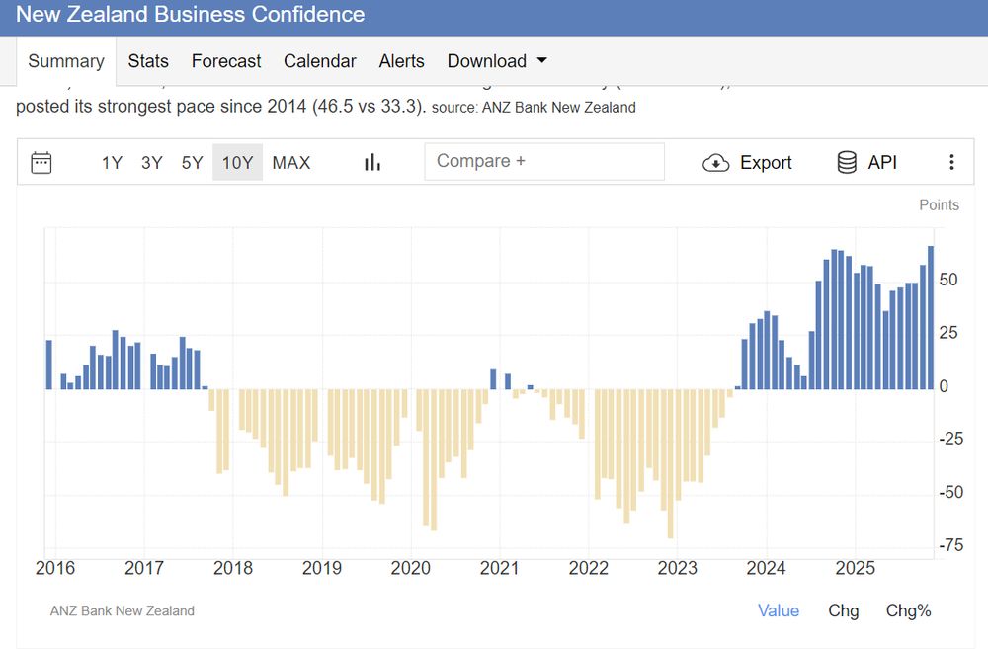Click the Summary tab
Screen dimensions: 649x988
pyautogui.click(x=65, y=61)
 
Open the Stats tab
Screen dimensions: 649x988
pyautogui.click(x=148, y=61)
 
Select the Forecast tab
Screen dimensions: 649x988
pyautogui.click(x=226, y=61)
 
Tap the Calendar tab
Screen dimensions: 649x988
pyautogui.click(x=319, y=61)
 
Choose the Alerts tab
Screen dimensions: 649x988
pyautogui.click(x=401, y=61)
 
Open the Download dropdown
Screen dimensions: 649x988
pyautogui.click(x=497, y=61)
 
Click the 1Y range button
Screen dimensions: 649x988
pyautogui.click(x=112, y=163)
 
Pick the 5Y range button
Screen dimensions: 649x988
pyautogui.click(x=192, y=163)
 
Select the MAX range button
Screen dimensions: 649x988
pyautogui.click(x=290, y=163)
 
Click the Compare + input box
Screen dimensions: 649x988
pyautogui.click(x=544, y=162)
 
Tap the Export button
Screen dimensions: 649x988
pyautogui.click(x=748, y=163)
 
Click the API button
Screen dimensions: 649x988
pyautogui.click(x=867, y=163)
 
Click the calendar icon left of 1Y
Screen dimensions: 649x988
pyautogui.click(x=41, y=163)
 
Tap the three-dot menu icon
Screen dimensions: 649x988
pyautogui.click(x=951, y=163)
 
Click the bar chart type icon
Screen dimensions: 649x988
pyautogui.click(x=372, y=163)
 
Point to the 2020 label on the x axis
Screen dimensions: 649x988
pyautogui.click(x=410, y=568)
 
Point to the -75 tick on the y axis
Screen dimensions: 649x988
pyautogui.click(x=950, y=545)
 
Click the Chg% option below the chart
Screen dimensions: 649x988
pyautogui.click(x=908, y=610)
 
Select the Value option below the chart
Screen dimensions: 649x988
pyautogui.click(x=779, y=610)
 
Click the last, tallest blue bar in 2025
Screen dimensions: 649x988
pyautogui.click(x=931, y=316)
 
